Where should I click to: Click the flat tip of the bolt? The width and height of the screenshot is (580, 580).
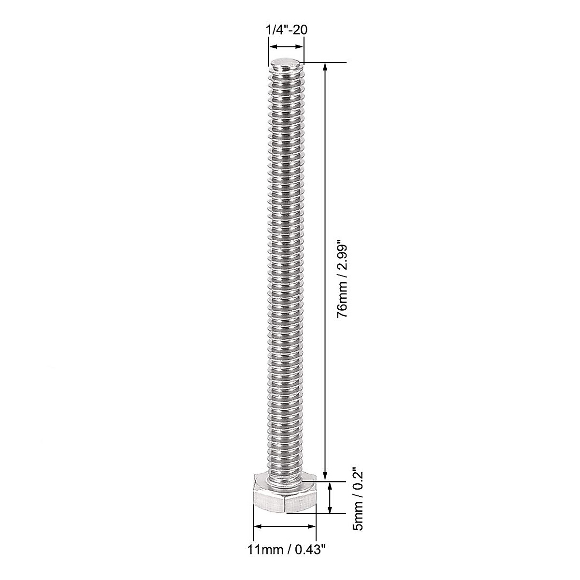coord(287,64)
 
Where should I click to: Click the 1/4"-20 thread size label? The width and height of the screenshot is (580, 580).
coord(287,29)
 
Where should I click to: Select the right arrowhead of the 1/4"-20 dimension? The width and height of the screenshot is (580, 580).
coord(301,47)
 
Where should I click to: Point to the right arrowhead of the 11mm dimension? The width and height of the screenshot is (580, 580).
coord(312,526)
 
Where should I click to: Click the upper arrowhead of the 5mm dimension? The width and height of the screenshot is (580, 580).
coord(331,485)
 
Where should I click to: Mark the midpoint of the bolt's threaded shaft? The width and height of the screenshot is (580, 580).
coord(286,271)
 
